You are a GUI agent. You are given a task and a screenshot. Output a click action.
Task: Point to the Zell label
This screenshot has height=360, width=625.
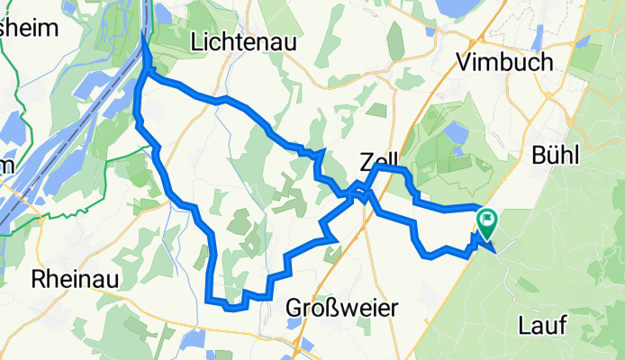(x=379, y=162)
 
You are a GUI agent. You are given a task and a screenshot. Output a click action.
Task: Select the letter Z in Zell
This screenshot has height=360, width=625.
(x=366, y=162)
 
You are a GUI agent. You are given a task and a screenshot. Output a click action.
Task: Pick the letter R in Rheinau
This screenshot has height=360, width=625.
(x=39, y=278)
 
